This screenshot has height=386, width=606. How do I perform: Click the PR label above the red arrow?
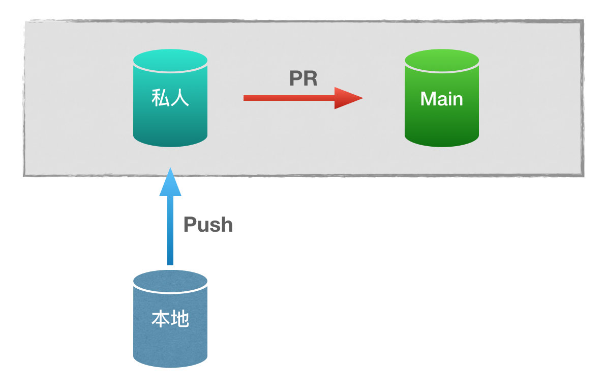pos(303,78)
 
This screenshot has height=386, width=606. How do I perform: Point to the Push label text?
pos(208,225)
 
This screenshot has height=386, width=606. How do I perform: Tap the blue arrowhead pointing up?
pos(170,182)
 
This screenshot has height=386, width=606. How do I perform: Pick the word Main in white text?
pos(441,99)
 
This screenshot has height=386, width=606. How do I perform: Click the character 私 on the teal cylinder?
pos(160,98)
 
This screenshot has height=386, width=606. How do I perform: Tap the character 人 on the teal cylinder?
pos(179,98)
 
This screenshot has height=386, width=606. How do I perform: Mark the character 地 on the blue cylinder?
pos(179,319)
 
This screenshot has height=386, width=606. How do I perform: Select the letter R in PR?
pos(311,78)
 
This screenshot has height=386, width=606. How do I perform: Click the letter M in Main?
pos(428,99)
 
